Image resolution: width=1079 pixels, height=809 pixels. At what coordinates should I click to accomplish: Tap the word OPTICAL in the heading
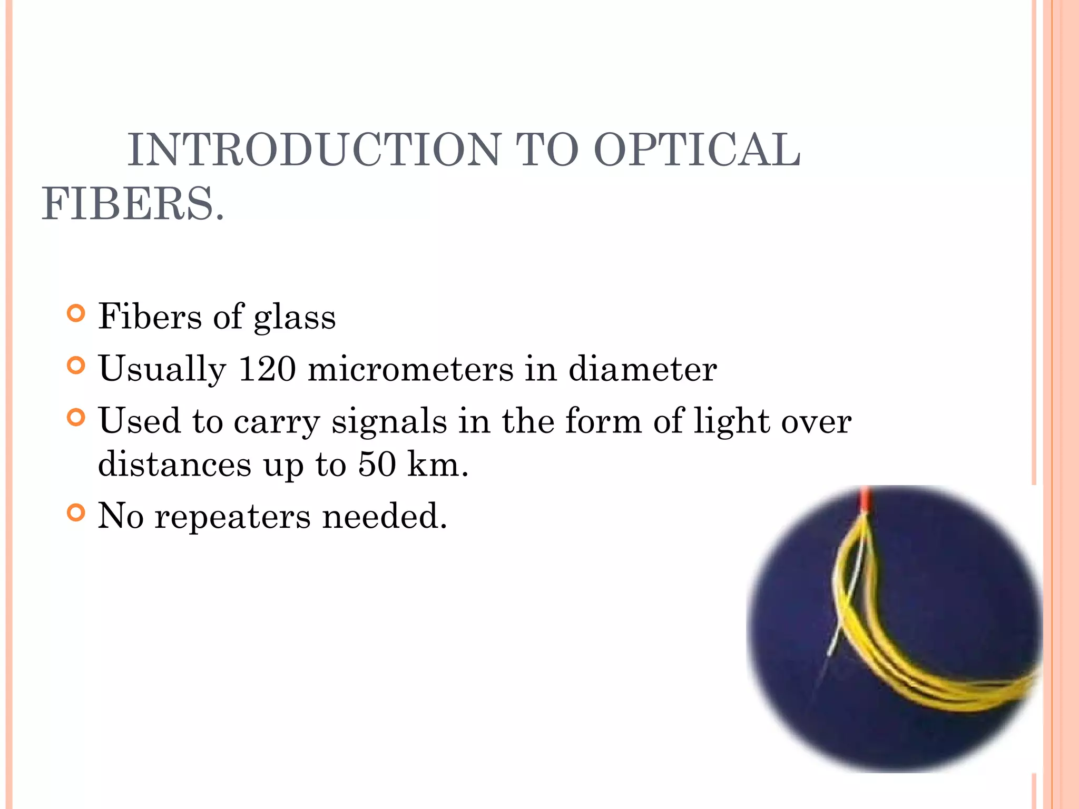tap(697, 150)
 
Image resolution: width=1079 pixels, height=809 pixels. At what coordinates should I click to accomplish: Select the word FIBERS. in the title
tap(133, 204)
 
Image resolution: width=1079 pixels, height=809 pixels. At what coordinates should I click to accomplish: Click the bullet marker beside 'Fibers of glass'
tap(76, 314)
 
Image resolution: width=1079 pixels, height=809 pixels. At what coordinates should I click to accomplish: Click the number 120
tap(267, 369)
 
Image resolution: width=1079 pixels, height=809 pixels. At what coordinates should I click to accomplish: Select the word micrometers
tap(410, 369)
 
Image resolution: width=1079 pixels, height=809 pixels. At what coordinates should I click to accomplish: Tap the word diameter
tap(642, 369)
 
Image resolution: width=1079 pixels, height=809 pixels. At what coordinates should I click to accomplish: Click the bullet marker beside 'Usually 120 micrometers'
tap(76, 366)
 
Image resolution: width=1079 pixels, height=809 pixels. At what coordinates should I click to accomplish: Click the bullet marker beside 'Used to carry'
tap(76, 418)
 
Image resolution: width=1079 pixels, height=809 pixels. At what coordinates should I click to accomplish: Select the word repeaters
tap(232, 516)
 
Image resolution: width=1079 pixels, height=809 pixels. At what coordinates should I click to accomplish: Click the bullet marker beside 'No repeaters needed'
tap(76, 512)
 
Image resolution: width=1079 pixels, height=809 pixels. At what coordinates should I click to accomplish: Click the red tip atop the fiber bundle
tap(865, 500)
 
